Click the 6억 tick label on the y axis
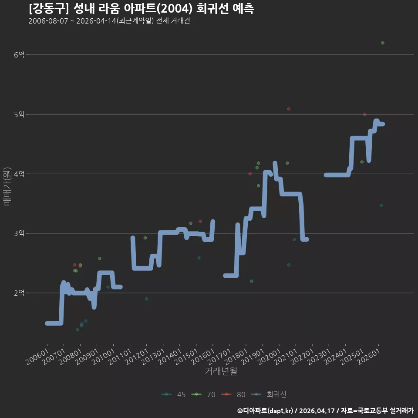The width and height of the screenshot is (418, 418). pos(19,55)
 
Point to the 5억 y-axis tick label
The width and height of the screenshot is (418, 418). pos(19,115)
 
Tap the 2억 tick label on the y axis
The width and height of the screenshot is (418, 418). pos(19,293)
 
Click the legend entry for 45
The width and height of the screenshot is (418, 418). pos(174,394)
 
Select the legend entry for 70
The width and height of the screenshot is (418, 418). pos(203,394)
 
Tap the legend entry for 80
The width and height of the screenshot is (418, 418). pos(233,394)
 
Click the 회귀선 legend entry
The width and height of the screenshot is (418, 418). pos(269,394)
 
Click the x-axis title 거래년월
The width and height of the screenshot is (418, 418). pos(221,371)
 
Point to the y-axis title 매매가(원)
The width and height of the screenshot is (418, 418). pos(7,186)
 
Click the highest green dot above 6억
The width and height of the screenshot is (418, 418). pos(383,43)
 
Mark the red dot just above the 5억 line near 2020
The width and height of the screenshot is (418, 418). pos(289,109)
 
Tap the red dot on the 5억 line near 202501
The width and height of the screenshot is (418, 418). pos(365,115)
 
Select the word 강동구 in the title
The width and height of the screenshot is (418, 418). pos(49,9)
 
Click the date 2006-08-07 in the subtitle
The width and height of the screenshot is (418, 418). pos(48,21)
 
